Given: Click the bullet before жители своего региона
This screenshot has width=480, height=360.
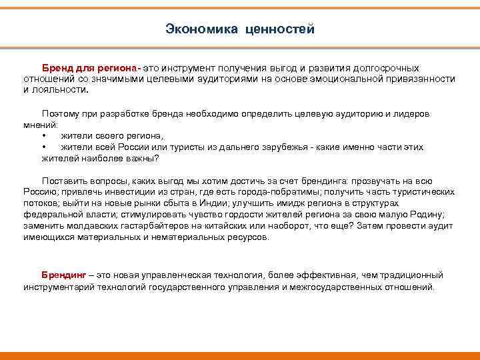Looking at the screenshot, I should pos(44,135).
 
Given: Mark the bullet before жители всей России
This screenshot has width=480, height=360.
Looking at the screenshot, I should pos(44,147).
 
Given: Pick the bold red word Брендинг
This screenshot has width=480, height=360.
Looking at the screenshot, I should pos(63,275).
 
